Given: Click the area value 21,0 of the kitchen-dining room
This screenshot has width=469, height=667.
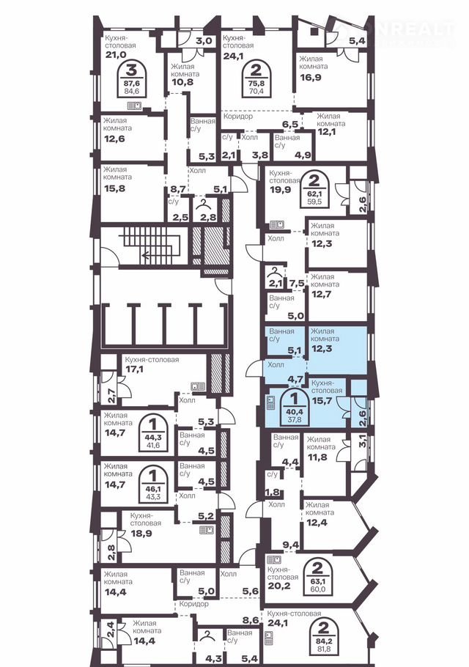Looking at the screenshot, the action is [114, 54].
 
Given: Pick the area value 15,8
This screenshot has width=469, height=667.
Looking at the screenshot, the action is [114, 188].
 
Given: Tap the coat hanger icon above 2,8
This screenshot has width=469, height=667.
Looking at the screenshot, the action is [205, 203].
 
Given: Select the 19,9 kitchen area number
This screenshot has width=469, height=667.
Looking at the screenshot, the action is [280, 189].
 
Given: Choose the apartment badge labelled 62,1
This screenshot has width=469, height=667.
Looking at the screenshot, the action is [314, 191].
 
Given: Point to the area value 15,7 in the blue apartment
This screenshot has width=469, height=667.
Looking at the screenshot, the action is [322, 401].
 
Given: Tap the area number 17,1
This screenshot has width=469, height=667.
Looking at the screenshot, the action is [134, 369].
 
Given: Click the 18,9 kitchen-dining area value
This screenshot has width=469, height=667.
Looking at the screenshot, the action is [140, 533].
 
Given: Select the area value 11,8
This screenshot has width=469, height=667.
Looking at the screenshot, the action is [317, 457].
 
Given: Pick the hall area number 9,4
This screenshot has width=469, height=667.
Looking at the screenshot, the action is [291, 544].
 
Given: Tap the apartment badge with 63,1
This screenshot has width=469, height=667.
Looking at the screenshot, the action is [317, 578].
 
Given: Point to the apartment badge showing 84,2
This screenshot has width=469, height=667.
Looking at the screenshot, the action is [324, 630].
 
